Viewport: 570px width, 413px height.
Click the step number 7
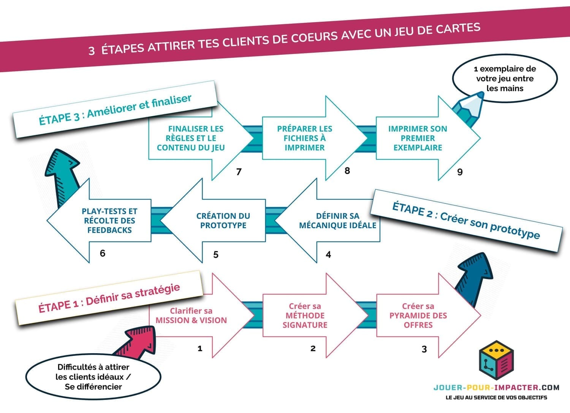pyautogui.click(x=239, y=172)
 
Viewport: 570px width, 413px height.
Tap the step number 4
pyautogui.click(x=328, y=254)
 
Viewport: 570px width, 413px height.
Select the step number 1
pyautogui.click(x=200, y=348)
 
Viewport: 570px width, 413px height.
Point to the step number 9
pyautogui.click(x=460, y=172)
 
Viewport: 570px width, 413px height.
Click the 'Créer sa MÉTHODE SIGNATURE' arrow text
pyautogui.click(x=305, y=316)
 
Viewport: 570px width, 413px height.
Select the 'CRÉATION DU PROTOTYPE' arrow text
pyautogui.click(x=223, y=221)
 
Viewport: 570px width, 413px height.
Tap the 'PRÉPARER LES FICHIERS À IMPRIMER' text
pyautogui.click(x=304, y=138)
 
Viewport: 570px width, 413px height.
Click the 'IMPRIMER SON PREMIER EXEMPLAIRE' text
pyautogui.click(x=418, y=138)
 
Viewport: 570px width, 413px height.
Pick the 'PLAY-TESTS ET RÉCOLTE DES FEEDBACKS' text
pyautogui.click(x=109, y=221)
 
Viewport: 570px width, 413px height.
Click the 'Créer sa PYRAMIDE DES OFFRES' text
pyautogui.click(x=418, y=316)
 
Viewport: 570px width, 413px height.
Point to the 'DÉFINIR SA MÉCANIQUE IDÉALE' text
pyautogui.click(x=337, y=221)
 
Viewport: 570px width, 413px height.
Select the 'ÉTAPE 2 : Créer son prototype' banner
pyautogui.click(x=466, y=220)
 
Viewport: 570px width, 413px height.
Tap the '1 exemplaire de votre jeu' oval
pyautogui.click(x=505, y=79)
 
